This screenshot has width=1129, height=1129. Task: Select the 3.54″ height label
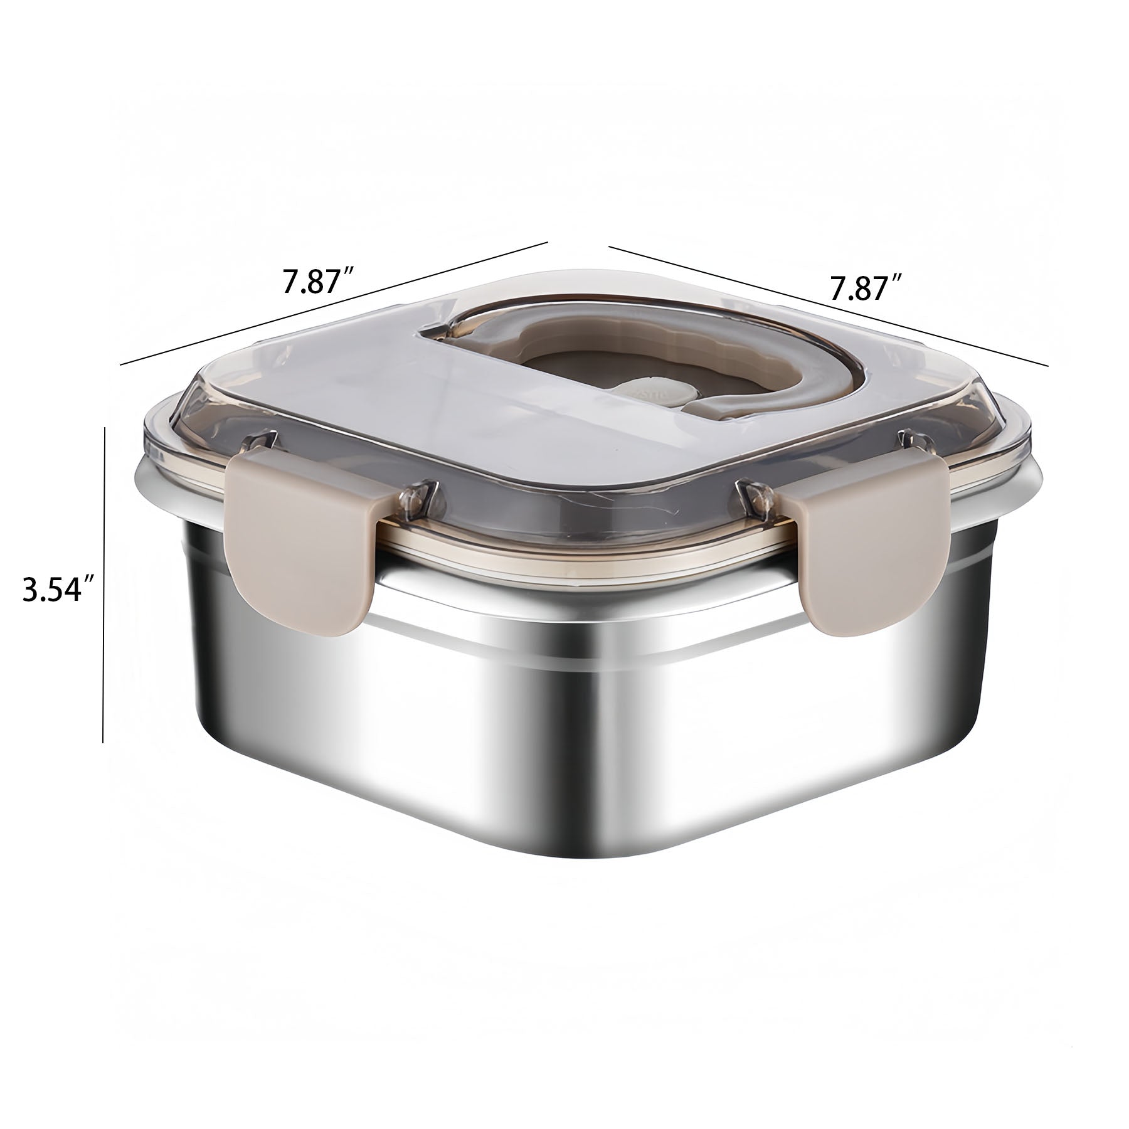pos(59,591)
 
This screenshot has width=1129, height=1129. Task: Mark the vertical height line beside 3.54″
pos(103,585)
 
